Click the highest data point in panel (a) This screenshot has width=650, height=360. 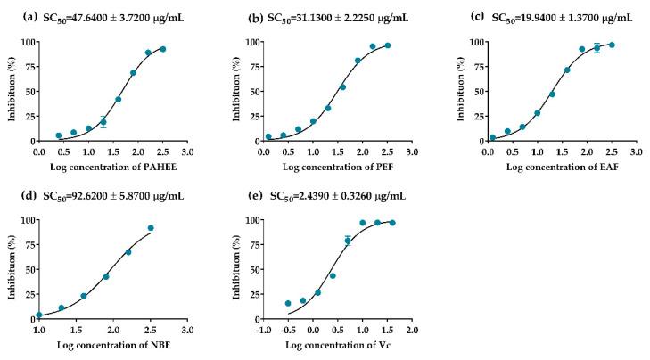coord(162,49)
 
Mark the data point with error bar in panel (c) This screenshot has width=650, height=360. coord(597,48)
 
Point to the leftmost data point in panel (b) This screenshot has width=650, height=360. coord(268,137)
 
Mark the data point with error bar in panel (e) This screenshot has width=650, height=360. coord(348,241)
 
